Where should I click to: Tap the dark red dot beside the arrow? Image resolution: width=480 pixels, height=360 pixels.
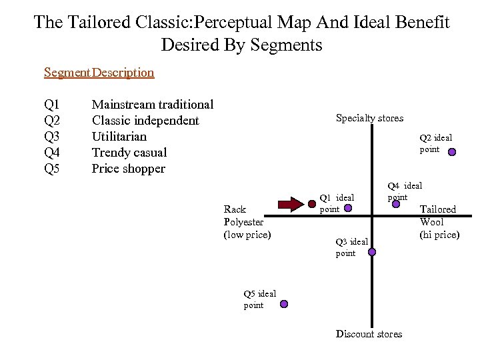click(311, 204)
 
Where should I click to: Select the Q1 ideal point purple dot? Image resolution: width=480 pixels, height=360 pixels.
click(348, 208)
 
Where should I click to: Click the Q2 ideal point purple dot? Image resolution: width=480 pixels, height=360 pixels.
click(451, 152)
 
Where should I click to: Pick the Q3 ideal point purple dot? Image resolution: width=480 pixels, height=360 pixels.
click(372, 252)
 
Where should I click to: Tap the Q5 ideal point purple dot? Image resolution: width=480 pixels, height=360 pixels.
click(283, 303)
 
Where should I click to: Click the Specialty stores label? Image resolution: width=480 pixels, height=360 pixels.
click(369, 118)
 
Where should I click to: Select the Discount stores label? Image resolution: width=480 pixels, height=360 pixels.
click(369, 334)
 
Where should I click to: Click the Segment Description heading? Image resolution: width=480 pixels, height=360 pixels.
click(99, 72)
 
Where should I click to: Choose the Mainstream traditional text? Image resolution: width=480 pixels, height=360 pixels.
click(152, 105)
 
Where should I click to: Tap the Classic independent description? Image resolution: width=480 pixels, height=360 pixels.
click(145, 121)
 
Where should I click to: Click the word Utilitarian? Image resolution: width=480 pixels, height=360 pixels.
click(119, 137)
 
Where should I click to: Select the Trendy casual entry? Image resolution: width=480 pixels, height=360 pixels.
click(129, 153)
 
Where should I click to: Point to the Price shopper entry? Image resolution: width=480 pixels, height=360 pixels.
click(128, 169)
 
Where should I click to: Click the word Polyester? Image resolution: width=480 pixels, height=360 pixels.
click(245, 222)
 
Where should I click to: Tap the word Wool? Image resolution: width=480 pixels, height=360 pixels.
click(432, 222)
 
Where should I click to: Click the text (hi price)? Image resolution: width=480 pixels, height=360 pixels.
click(439, 235)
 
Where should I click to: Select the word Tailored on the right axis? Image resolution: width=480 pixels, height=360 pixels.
click(437, 209)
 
